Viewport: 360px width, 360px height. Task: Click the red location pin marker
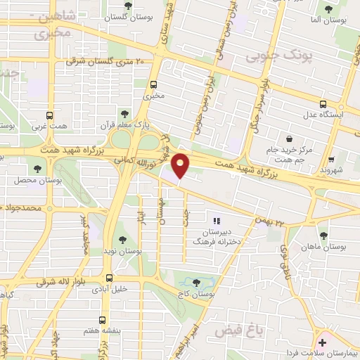(x=181, y=165)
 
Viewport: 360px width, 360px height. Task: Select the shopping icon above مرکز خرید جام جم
(x=289, y=139)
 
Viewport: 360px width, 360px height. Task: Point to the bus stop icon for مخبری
(x=153, y=84)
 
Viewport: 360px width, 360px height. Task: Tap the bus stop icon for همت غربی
(x=49, y=116)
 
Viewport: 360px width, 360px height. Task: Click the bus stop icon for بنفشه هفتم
(x=103, y=319)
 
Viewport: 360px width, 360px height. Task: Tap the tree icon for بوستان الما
(x=328, y=9)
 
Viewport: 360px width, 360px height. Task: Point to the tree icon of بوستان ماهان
(x=323, y=236)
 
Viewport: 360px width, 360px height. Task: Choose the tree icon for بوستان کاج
(x=196, y=282)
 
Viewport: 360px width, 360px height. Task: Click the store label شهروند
(x=330, y=170)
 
